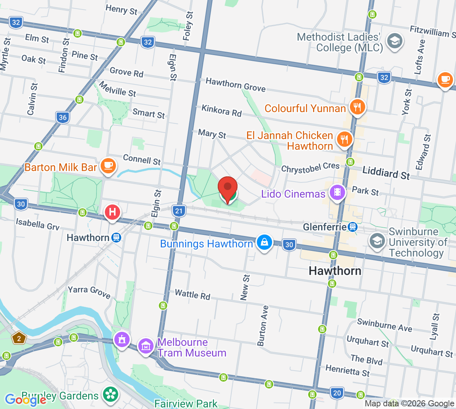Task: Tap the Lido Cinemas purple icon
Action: pos(337,192)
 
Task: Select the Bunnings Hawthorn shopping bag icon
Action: pos(264,242)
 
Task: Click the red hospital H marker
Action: pos(112,212)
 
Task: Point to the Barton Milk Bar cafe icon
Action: pos(108,166)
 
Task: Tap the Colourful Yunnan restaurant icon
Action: pos(357,107)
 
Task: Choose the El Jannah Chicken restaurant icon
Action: pos(344,139)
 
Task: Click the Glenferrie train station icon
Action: pos(353,227)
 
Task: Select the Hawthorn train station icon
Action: pos(116,238)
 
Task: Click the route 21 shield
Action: pos(179,211)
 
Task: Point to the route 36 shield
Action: pos(63,117)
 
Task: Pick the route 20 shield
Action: pos(337,393)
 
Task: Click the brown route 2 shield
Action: pos(19,338)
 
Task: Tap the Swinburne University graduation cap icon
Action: pos(377,241)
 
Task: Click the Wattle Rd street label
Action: pos(192,295)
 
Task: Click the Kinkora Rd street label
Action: pos(222,111)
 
